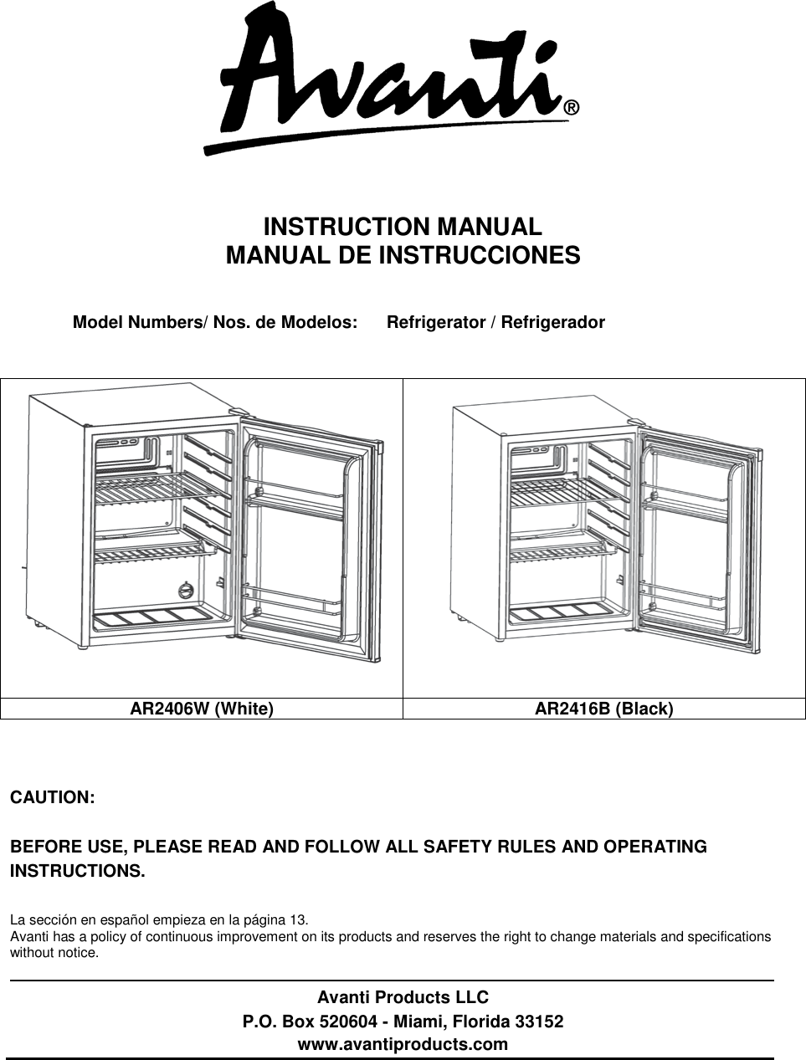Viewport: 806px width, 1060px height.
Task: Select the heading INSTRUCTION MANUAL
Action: tap(403, 227)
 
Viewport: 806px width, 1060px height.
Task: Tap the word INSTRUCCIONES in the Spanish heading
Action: tap(480, 255)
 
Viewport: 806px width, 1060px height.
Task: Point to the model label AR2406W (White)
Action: tap(201, 709)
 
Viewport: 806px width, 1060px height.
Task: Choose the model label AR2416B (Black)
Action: tap(603, 709)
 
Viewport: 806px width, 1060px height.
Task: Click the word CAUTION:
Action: tap(52, 796)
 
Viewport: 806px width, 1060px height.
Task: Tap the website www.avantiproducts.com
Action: tap(403, 1044)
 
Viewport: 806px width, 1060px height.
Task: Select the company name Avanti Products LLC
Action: tap(403, 997)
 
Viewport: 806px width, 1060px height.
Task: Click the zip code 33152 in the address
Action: tap(539, 1022)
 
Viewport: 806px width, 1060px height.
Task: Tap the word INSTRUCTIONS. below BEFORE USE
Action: tap(77, 871)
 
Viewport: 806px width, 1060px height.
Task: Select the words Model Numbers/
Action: tap(141, 322)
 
